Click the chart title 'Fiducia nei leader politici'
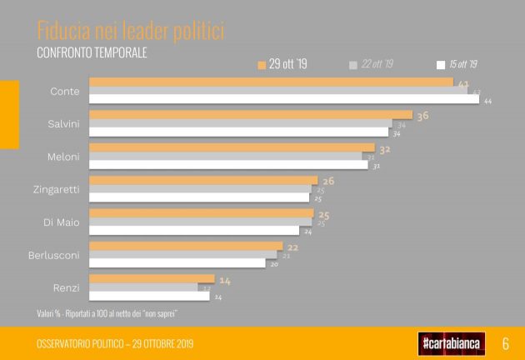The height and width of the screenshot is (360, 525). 131,32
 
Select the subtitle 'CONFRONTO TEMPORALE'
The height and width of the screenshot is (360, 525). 92,52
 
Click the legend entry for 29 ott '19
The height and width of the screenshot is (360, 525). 283,64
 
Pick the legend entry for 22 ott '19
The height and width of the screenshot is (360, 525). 372,64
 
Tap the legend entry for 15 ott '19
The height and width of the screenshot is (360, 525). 457,64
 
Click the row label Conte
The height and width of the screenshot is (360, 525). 65,91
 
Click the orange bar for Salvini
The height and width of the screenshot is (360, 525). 251,115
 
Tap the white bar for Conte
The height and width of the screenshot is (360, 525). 284,100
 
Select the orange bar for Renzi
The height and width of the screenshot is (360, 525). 152,279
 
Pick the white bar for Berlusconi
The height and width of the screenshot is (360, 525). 177,263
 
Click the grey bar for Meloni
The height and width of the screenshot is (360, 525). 226,156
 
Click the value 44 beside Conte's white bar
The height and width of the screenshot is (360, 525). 487,101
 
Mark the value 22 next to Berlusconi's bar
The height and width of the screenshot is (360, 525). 292,247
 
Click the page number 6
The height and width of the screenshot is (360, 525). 505,342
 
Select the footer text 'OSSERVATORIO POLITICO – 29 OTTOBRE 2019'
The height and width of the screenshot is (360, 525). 114,343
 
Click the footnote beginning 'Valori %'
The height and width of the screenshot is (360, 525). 107,312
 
